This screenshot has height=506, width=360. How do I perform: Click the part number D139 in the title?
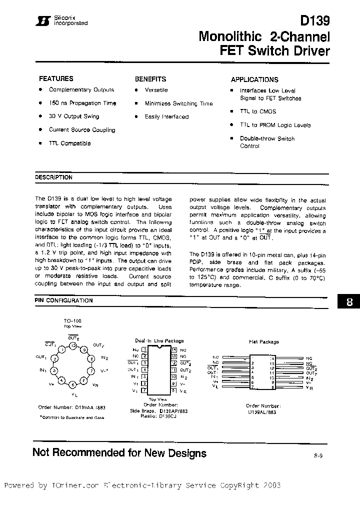pyautogui.click(x=314, y=20)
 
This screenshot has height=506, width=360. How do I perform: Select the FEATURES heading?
pyautogui.click(x=56, y=78)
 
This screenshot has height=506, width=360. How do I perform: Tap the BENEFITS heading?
pyautogui.click(x=150, y=79)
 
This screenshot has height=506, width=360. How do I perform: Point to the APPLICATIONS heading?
pyautogui.click(x=254, y=79)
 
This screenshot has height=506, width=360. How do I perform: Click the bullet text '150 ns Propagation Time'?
pyautogui.click(x=82, y=103)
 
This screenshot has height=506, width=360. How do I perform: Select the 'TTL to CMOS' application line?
pyautogui.click(x=257, y=111)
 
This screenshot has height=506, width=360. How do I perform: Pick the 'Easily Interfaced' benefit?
pyautogui.click(x=166, y=116)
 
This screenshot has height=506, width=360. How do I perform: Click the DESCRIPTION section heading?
pyautogui.click(x=53, y=177)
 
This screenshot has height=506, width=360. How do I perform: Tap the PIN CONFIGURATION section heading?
pyautogui.click(x=63, y=300)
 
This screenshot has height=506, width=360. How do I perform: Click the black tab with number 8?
pyautogui.click(x=349, y=302)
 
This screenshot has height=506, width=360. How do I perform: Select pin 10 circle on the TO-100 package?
pyautogui.click(x=73, y=345)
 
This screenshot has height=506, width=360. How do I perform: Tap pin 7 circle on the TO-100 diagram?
pyautogui.click(x=91, y=370)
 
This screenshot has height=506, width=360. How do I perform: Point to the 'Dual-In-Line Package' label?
pyautogui.click(x=158, y=340)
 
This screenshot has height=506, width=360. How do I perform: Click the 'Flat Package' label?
pyautogui.click(x=263, y=342)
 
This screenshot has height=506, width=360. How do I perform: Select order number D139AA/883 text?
pyautogui.click(x=71, y=407)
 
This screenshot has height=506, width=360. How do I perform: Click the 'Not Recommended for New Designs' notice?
pyautogui.click(x=119, y=453)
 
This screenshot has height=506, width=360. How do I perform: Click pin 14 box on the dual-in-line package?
pyautogui.click(x=173, y=350)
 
